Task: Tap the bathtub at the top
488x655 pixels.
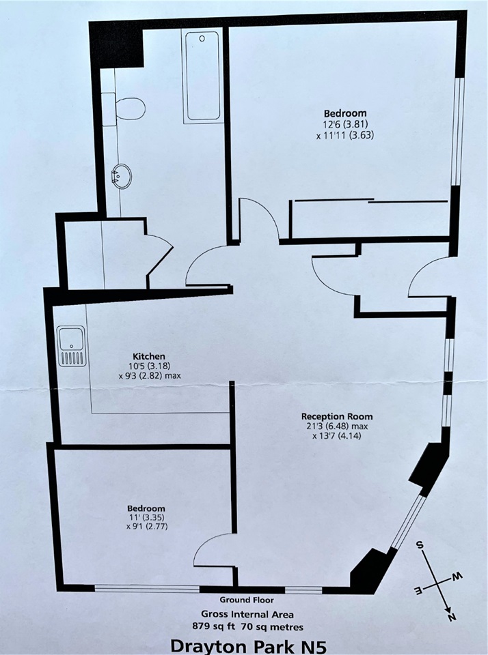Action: [202, 76]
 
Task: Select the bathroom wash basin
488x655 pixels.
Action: [121, 177]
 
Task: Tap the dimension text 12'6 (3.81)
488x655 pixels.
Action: [345, 124]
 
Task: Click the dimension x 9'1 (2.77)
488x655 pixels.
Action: [146, 529]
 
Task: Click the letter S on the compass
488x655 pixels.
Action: [422, 546]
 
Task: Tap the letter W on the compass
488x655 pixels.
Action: [459, 577]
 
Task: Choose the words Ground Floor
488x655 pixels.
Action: [246, 600]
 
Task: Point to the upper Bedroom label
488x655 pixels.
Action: [345, 113]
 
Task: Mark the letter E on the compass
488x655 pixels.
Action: [418, 588]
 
